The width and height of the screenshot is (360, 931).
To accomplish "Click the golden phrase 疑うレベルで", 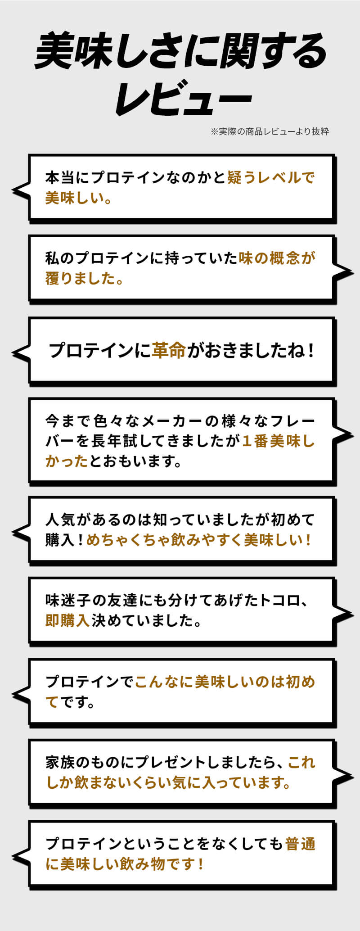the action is pyautogui.click(x=271, y=177).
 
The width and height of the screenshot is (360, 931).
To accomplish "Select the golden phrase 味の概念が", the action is pyautogui.click(x=277, y=258).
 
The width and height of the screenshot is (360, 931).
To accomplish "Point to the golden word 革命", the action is pyautogui.click(x=169, y=350).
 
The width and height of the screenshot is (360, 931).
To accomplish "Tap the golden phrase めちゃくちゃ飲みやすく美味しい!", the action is pyautogui.click(x=198, y=540).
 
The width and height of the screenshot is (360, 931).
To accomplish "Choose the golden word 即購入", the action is pyautogui.click(x=67, y=621).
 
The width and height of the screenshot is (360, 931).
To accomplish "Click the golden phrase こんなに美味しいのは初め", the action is pyautogui.click(x=225, y=682).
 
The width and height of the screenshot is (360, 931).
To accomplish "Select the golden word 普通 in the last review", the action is pyautogui.click(x=300, y=843).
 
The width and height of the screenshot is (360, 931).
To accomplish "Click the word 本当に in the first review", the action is pyautogui.click(x=67, y=177).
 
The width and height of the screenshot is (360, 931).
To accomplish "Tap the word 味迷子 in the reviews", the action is pyautogui.click(x=67, y=601).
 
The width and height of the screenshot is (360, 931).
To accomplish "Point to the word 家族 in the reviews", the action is pyautogui.click(x=60, y=762).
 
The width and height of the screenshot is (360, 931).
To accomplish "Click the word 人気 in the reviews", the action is pyautogui.click(x=60, y=520).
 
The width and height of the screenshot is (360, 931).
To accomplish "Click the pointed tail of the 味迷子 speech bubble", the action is pyautogui.click(x=352, y=613).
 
